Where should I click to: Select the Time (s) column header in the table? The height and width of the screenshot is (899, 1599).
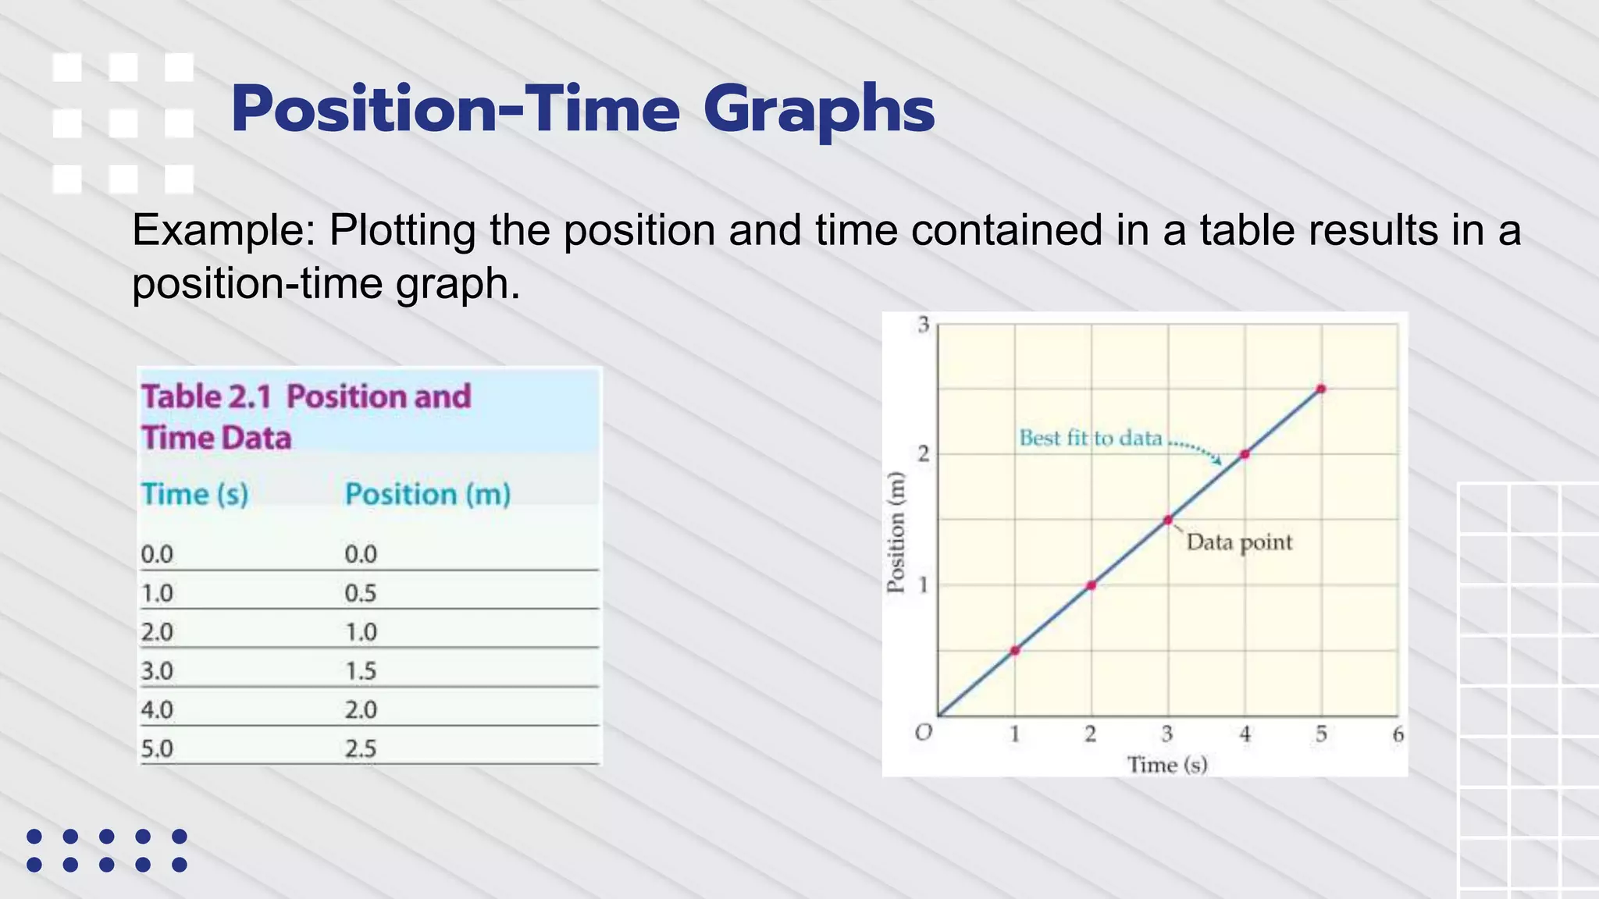point(194,494)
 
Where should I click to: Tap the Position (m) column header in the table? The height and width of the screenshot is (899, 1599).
point(427,494)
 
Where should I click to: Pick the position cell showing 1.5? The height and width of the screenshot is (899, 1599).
point(361,670)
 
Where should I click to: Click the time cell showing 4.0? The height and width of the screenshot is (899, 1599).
point(156,709)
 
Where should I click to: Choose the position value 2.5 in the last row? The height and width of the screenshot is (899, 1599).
point(361,748)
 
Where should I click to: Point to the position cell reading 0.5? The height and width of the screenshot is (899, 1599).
point(361,593)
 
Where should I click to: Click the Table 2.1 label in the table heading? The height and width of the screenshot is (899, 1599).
point(206,396)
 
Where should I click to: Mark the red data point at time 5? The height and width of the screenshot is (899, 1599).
point(1321,389)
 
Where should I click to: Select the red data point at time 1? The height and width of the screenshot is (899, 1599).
point(1015,650)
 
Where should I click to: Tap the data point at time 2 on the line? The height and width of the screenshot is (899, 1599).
point(1092,585)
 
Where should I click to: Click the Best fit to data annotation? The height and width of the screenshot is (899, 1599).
point(1090,439)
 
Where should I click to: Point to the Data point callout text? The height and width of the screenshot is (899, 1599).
point(1239,542)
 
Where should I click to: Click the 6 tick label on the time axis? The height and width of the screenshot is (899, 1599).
point(1398,734)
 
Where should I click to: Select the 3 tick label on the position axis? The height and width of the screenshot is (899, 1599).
point(924,325)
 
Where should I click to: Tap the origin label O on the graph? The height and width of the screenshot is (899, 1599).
point(923,733)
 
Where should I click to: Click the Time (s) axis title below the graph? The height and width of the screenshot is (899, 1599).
point(1166,765)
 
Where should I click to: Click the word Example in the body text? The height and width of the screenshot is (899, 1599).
point(223,231)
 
